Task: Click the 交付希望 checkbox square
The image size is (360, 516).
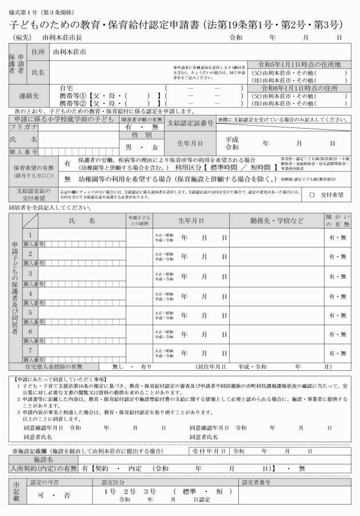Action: pyautogui.click(x=312, y=195)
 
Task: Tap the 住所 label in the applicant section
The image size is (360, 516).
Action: pyautogui.click(x=38, y=51)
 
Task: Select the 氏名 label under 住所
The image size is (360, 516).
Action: pyautogui.click(x=38, y=73)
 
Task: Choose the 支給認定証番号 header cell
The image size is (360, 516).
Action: pyautogui.click(x=191, y=123)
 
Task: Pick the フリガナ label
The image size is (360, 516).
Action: pyautogui.click(x=23, y=127)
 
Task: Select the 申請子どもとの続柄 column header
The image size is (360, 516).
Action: pyautogui.click(x=140, y=221)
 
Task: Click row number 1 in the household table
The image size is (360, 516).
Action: pyautogui.click(x=30, y=235)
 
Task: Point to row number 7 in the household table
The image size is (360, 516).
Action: pyautogui.click(x=30, y=349)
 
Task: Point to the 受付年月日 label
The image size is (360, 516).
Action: pyautogui.click(x=209, y=451)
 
